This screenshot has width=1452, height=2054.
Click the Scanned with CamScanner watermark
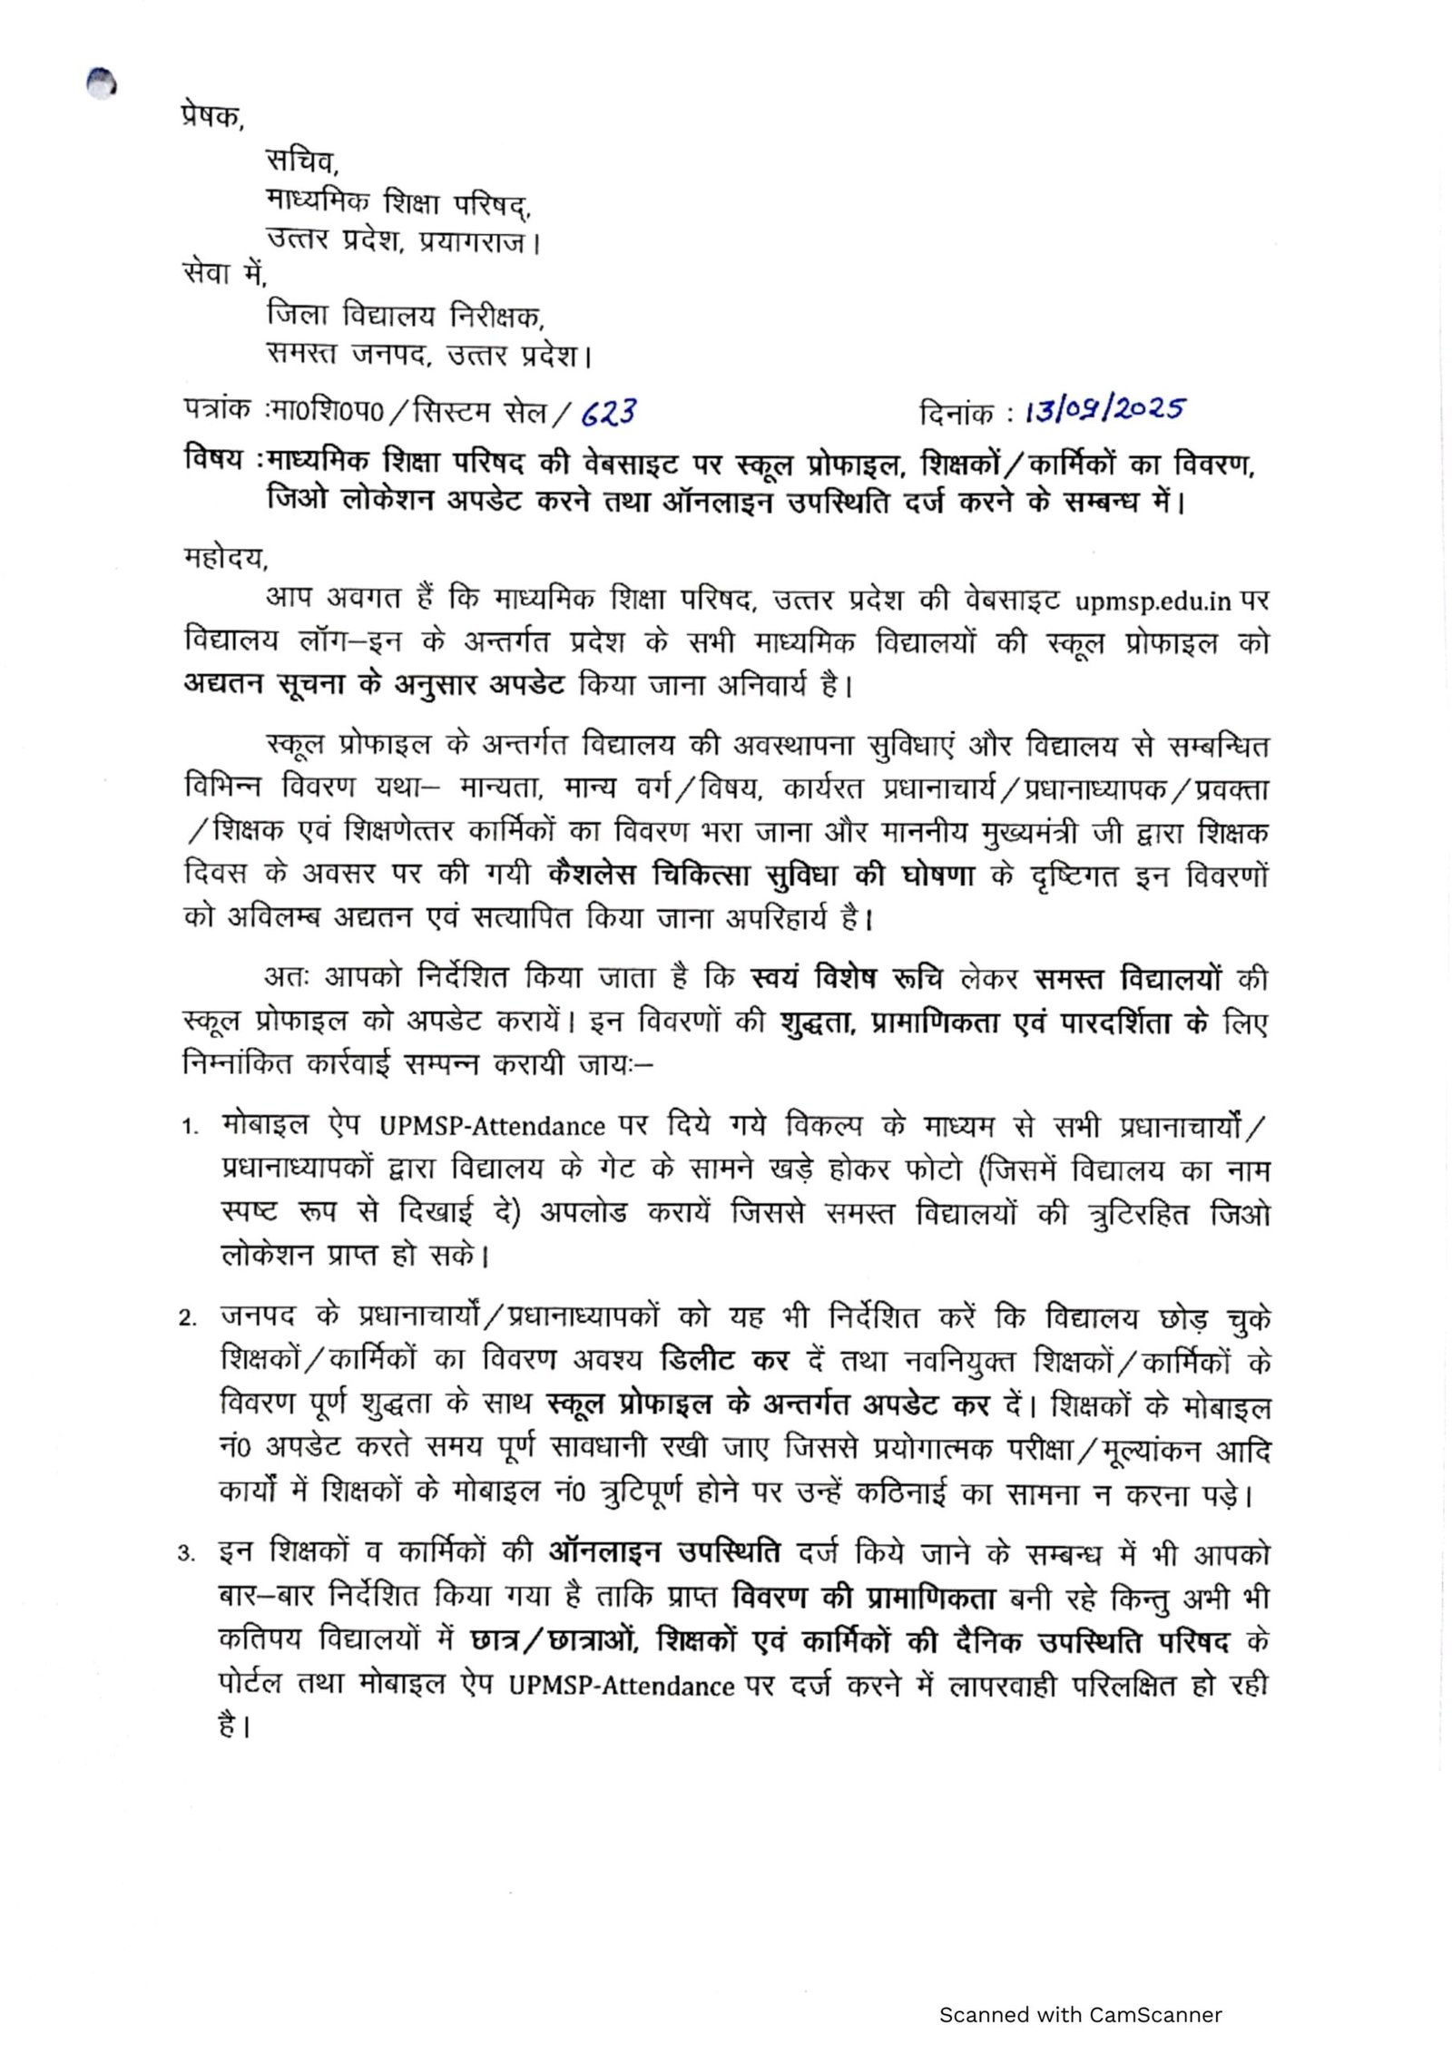(x=1080, y=1990)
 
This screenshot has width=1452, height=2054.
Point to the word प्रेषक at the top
(x=211, y=117)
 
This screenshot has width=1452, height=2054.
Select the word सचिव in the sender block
(x=301, y=161)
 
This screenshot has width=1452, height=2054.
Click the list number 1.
(x=189, y=1128)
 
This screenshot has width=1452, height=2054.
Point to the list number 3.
(x=187, y=1554)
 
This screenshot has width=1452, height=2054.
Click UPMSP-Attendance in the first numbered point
(x=492, y=1127)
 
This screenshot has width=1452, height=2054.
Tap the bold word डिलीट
(x=698, y=1360)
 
